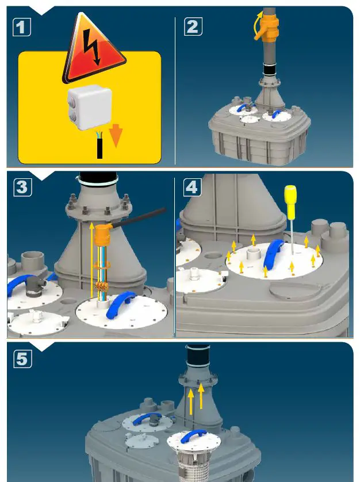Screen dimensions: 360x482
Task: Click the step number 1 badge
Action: point(21,27)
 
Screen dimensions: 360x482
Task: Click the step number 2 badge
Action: point(193,26)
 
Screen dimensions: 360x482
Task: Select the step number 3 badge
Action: point(22,187)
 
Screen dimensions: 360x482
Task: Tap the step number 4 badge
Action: point(193,187)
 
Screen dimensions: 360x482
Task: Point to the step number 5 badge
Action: point(22,359)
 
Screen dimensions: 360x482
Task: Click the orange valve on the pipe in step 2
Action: point(267,28)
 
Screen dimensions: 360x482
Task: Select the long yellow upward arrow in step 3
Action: point(91,261)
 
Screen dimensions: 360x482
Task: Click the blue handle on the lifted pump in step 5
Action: point(193,435)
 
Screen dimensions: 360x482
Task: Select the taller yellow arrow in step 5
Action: point(191,402)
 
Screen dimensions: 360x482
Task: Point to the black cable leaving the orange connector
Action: point(139,218)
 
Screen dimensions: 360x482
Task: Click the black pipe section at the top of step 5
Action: point(198,355)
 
